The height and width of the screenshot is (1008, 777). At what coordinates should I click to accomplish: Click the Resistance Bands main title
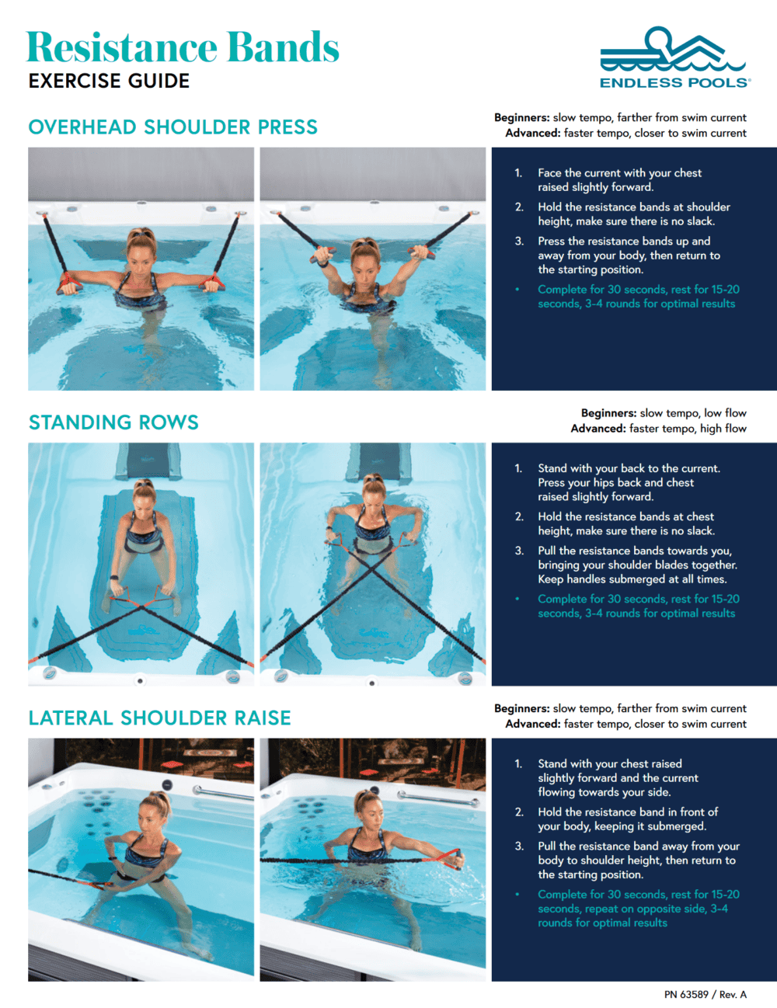point(183,48)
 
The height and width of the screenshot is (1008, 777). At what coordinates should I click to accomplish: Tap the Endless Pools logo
point(674,59)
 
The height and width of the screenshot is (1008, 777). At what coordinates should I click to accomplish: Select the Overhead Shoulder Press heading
point(172,127)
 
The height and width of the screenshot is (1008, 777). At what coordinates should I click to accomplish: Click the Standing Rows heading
point(113,422)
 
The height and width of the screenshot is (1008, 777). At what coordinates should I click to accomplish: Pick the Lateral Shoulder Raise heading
point(159,718)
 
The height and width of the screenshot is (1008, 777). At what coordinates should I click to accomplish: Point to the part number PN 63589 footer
point(705,994)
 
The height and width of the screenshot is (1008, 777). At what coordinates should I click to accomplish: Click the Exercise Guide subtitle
point(109,82)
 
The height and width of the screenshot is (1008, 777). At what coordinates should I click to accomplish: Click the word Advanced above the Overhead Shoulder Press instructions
point(532,134)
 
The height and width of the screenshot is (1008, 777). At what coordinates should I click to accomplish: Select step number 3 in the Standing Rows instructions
point(519,551)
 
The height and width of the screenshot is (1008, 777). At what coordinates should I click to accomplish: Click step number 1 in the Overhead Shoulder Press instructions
point(518,173)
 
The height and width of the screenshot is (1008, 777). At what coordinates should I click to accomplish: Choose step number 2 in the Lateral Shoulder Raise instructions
point(519,812)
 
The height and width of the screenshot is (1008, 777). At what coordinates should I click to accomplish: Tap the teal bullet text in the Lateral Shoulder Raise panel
point(637,909)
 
